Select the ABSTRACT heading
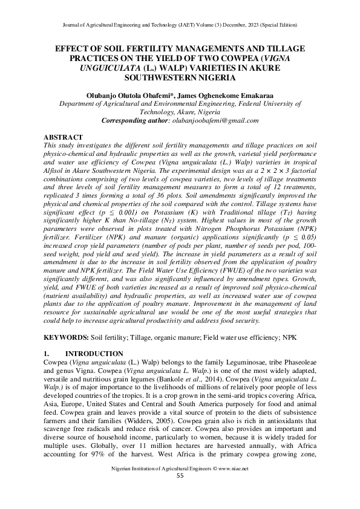coord(64,138)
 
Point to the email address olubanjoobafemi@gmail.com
coord(211,120)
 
